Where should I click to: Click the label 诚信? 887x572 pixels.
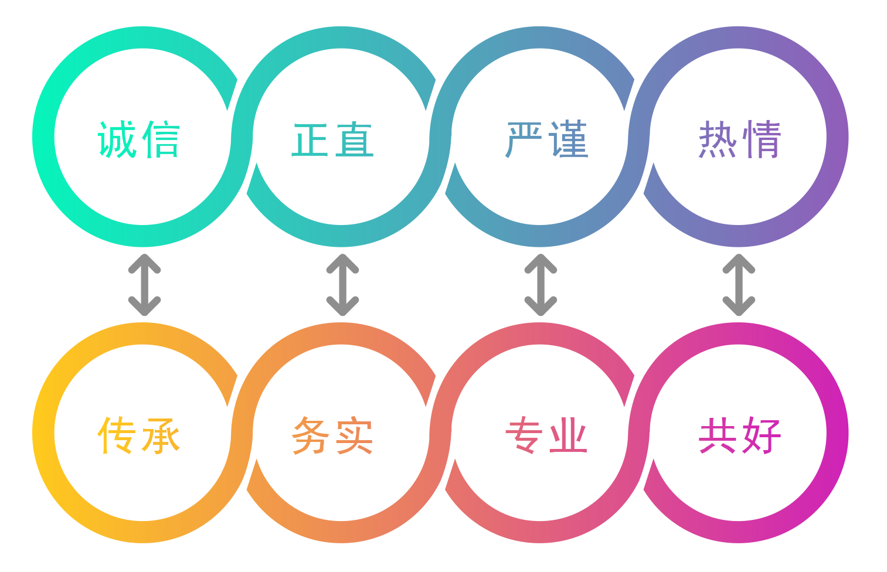(138, 139)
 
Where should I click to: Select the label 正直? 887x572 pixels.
(332, 139)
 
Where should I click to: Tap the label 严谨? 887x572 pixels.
(546, 139)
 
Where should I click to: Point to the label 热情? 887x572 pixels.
(740, 139)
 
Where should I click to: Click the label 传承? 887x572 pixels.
(138, 435)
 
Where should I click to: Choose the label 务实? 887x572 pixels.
(332, 435)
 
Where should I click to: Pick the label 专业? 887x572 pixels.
(546, 435)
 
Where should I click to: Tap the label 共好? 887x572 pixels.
(740, 435)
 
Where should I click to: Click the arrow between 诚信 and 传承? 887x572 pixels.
(144, 285)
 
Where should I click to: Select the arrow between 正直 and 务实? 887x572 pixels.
(342, 285)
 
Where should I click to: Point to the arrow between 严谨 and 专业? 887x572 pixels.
(541, 285)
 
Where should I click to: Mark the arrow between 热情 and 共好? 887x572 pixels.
(739, 285)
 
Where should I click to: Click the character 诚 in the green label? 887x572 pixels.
(117, 139)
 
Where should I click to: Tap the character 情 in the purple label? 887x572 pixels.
(761, 139)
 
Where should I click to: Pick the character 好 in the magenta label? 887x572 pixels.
(761, 435)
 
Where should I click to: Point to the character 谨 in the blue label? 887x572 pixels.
(567, 139)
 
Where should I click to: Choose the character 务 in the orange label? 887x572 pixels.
(311, 435)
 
